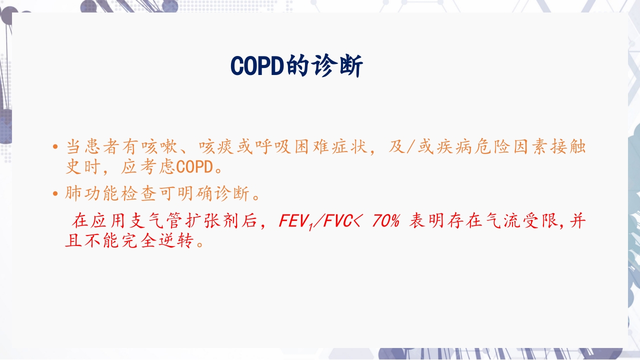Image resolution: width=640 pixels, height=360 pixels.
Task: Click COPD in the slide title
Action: pos(257,66)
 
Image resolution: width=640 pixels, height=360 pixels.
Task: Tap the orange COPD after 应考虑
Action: pos(195,167)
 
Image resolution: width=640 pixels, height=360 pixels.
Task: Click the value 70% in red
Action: pos(385,221)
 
